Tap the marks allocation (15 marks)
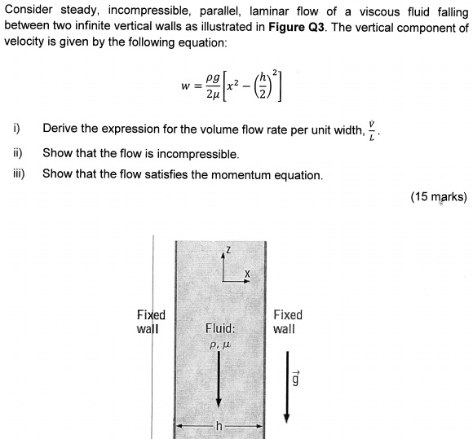439,197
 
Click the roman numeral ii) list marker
17,152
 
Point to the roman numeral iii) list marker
18,173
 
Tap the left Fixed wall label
151,322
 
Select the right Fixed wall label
287,322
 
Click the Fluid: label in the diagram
220,329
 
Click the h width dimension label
219,427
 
